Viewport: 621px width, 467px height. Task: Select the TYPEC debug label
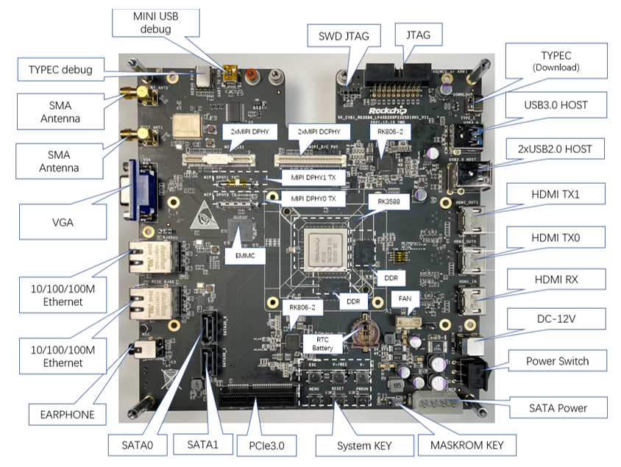61,71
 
